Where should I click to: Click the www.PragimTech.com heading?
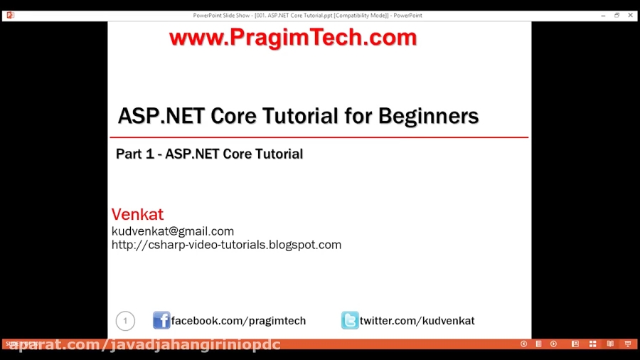pos(292,38)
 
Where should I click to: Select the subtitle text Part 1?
pos(137,154)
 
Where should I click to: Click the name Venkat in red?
pos(137,214)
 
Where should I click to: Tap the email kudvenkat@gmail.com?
pos(173,231)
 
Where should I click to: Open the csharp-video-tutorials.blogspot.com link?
pos(226,245)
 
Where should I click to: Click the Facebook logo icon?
pos(161,320)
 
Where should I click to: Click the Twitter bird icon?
pos(350,320)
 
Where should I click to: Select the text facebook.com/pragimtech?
pos(238,321)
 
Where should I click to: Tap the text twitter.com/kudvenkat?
pos(417,321)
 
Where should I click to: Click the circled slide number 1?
pos(125,321)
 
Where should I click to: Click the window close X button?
pos(630,15)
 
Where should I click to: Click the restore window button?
pos(617,15)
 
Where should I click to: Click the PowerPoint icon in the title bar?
pos(10,15)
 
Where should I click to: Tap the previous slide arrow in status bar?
pos(523,344)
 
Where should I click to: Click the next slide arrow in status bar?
pos(553,344)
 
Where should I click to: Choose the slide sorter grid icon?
pos(592,344)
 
